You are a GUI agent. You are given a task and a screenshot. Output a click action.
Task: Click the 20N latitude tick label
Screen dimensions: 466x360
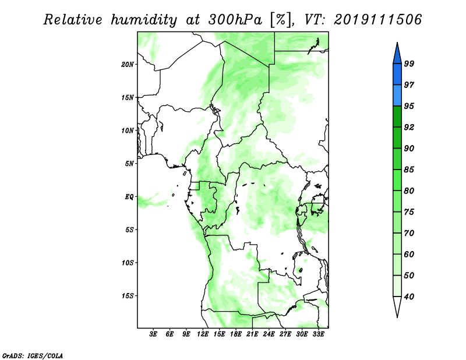point(128,65)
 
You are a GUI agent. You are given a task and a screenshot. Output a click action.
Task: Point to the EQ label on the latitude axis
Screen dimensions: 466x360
point(129,197)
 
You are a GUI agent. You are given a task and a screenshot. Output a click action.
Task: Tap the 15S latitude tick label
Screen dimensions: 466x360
point(128,296)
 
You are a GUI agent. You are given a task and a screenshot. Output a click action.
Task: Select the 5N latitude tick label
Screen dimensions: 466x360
point(129,164)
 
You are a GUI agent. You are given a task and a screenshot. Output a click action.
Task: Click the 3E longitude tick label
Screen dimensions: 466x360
point(153,334)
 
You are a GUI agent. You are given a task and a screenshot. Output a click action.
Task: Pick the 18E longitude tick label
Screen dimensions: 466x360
point(236,334)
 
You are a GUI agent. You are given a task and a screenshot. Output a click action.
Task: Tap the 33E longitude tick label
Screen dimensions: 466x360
point(318,334)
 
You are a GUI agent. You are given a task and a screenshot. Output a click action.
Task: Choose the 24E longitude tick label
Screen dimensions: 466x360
point(269,334)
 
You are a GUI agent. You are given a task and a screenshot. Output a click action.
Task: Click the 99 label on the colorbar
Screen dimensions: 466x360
point(409,63)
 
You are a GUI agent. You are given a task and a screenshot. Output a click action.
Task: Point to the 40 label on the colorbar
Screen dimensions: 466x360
point(409,297)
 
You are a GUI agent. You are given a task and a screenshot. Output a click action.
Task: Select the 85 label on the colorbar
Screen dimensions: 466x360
point(409,170)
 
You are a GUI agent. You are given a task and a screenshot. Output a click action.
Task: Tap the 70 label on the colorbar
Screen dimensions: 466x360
point(409,233)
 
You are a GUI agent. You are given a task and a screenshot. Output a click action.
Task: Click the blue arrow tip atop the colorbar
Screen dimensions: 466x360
point(397,43)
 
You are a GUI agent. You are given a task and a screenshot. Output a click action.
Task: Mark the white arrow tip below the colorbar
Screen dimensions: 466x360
point(397,317)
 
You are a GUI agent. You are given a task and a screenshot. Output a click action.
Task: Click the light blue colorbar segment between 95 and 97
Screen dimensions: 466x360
point(397,96)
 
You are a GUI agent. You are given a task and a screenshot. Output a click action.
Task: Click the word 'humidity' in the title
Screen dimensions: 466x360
point(144,20)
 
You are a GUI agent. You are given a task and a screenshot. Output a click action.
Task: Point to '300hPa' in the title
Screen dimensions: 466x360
point(235,20)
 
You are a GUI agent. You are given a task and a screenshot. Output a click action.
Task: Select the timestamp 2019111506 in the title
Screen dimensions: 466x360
point(377,20)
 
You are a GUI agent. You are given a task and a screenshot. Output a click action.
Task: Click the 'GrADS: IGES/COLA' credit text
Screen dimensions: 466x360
point(33,355)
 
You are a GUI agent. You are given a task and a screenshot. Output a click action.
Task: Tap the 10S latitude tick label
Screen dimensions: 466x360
point(128,263)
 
